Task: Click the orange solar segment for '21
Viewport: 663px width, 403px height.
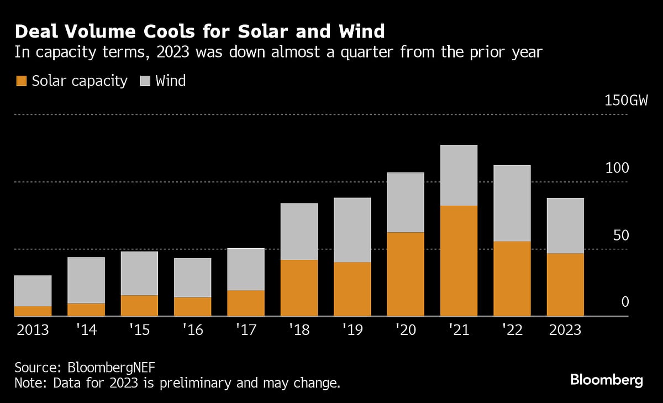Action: click(459, 260)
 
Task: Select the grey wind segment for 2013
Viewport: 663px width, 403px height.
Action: click(33, 291)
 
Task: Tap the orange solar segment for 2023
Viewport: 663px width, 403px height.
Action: click(565, 285)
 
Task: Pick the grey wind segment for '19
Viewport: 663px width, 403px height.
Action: click(352, 230)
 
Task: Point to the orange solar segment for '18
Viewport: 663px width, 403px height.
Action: click(299, 287)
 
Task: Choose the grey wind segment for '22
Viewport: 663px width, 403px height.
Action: click(512, 203)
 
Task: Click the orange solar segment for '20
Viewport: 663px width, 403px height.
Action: click(406, 274)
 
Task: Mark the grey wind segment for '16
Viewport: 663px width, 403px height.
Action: click(192, 278)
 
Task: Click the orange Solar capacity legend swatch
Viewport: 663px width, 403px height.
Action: click(20, 81)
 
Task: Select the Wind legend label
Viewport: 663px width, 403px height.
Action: click(170, 81)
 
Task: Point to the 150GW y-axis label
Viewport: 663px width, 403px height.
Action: click(624, 101)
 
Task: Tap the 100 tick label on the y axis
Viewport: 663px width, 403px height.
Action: click(617, 168)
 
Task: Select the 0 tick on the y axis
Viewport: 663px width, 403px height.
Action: click(625, 302)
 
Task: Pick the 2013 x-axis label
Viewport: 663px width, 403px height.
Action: click(33, 331)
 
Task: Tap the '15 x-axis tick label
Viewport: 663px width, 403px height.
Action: click(139, 331)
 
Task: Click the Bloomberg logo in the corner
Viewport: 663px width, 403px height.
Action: click(606, 380)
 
